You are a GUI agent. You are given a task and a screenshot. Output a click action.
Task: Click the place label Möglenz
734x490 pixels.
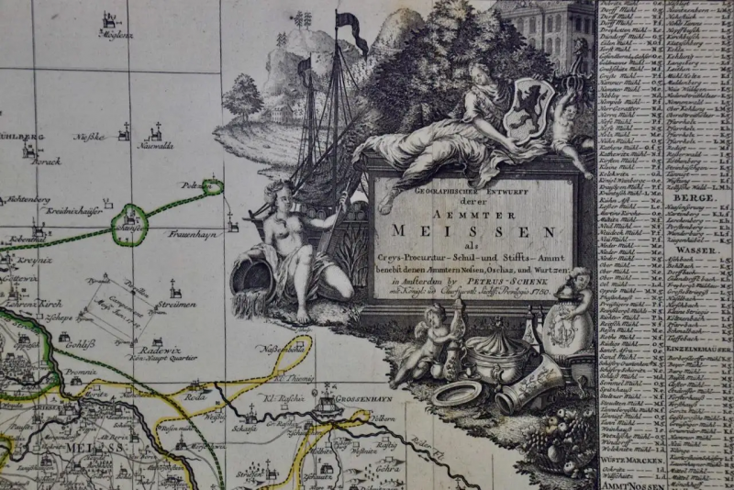click(116, 35)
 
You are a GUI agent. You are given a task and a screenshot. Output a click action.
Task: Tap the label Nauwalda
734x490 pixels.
click(157, 145)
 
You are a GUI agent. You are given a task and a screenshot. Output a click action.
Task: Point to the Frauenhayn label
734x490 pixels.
click(191, 235)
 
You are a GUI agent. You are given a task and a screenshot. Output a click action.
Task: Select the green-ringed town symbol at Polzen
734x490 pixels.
click(213, 187)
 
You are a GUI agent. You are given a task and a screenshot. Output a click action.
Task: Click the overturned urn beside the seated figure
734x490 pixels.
click(252, 274)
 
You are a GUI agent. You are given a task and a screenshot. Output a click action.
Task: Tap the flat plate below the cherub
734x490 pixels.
click(456, 393)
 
